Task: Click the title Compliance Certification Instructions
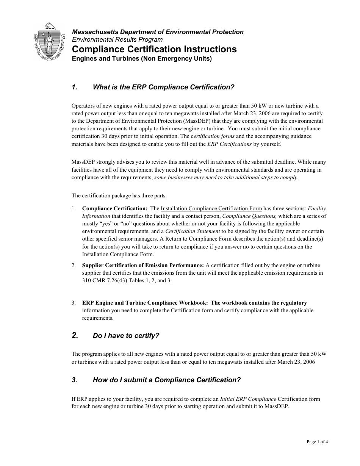(154, 50)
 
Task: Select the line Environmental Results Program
(117, 40)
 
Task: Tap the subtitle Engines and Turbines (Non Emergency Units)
(142, 59)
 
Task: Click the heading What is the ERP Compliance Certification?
(163, 88)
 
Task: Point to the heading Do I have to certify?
(126, 336)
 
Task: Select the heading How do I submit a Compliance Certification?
(166, 380)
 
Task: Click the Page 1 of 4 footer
(317, 442)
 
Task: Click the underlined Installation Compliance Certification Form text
(211, 209)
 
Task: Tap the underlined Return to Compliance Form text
(198, 239)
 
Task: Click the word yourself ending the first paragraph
(270, 144)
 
